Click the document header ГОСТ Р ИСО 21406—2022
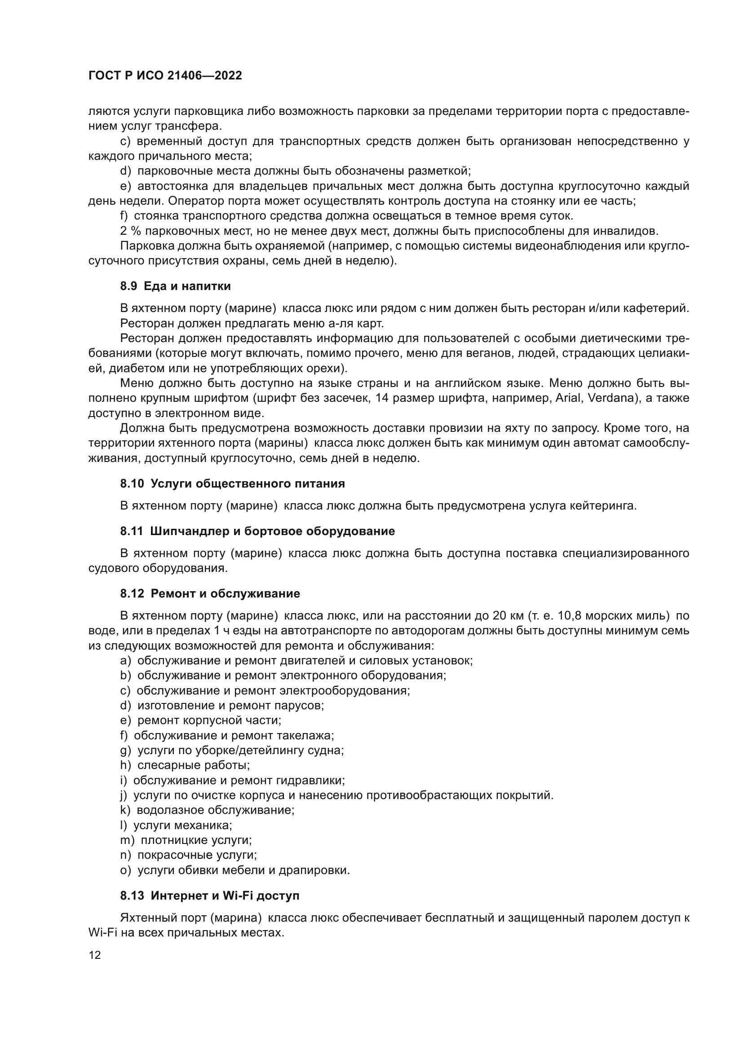click(165, 75)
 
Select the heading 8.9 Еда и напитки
click(175, 286)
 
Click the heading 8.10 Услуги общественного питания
click(232, 483)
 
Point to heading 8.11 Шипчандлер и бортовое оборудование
click(257, 531)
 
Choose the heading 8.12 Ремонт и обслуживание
click(210, 593)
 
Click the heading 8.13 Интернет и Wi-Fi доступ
click(209, 896)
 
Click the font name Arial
click(568, 398)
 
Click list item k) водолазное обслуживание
click(207, 810)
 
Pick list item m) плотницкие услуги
click(186, 840)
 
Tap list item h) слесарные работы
click(185, 765)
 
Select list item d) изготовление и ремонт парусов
click(222, 705)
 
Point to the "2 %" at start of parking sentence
click(130, 231)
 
